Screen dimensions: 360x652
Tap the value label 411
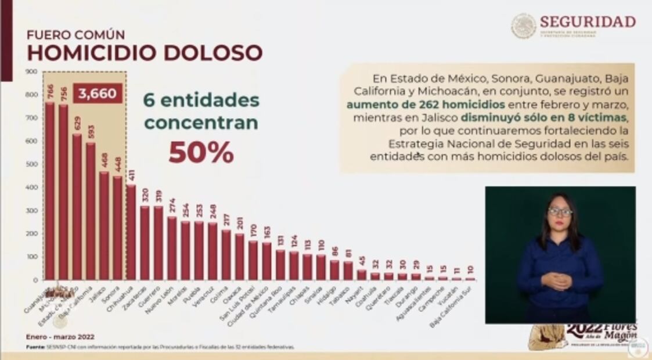131,175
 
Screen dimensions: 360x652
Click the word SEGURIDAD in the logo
587,22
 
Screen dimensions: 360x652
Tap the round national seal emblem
523,26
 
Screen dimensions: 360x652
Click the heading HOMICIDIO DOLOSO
145,53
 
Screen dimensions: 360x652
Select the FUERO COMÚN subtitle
75,35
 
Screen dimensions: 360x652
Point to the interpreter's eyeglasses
560,212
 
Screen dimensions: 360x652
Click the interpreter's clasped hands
557,281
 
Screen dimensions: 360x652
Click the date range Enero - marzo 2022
60,336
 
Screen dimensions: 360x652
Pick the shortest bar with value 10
470,279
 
